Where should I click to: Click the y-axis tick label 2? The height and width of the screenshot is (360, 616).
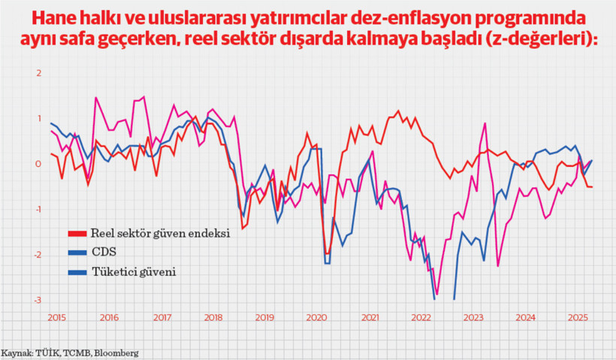(38, 73)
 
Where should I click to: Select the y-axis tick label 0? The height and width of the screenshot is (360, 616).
(38, 164)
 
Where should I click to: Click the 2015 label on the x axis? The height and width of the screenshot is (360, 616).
(56, 318)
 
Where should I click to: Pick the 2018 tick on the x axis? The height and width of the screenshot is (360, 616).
(213, 318)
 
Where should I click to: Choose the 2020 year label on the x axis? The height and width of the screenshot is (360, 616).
(316, 318)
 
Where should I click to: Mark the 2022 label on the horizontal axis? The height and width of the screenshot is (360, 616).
(421, 318)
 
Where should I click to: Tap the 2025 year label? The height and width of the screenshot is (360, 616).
(577, 318)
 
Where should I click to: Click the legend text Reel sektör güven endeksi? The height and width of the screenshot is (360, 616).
(159, 233)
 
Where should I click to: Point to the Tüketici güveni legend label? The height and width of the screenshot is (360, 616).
(133, 272)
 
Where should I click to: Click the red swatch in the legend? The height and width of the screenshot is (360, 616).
(77, 233)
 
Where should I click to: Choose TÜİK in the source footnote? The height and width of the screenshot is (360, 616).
(46, 352)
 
